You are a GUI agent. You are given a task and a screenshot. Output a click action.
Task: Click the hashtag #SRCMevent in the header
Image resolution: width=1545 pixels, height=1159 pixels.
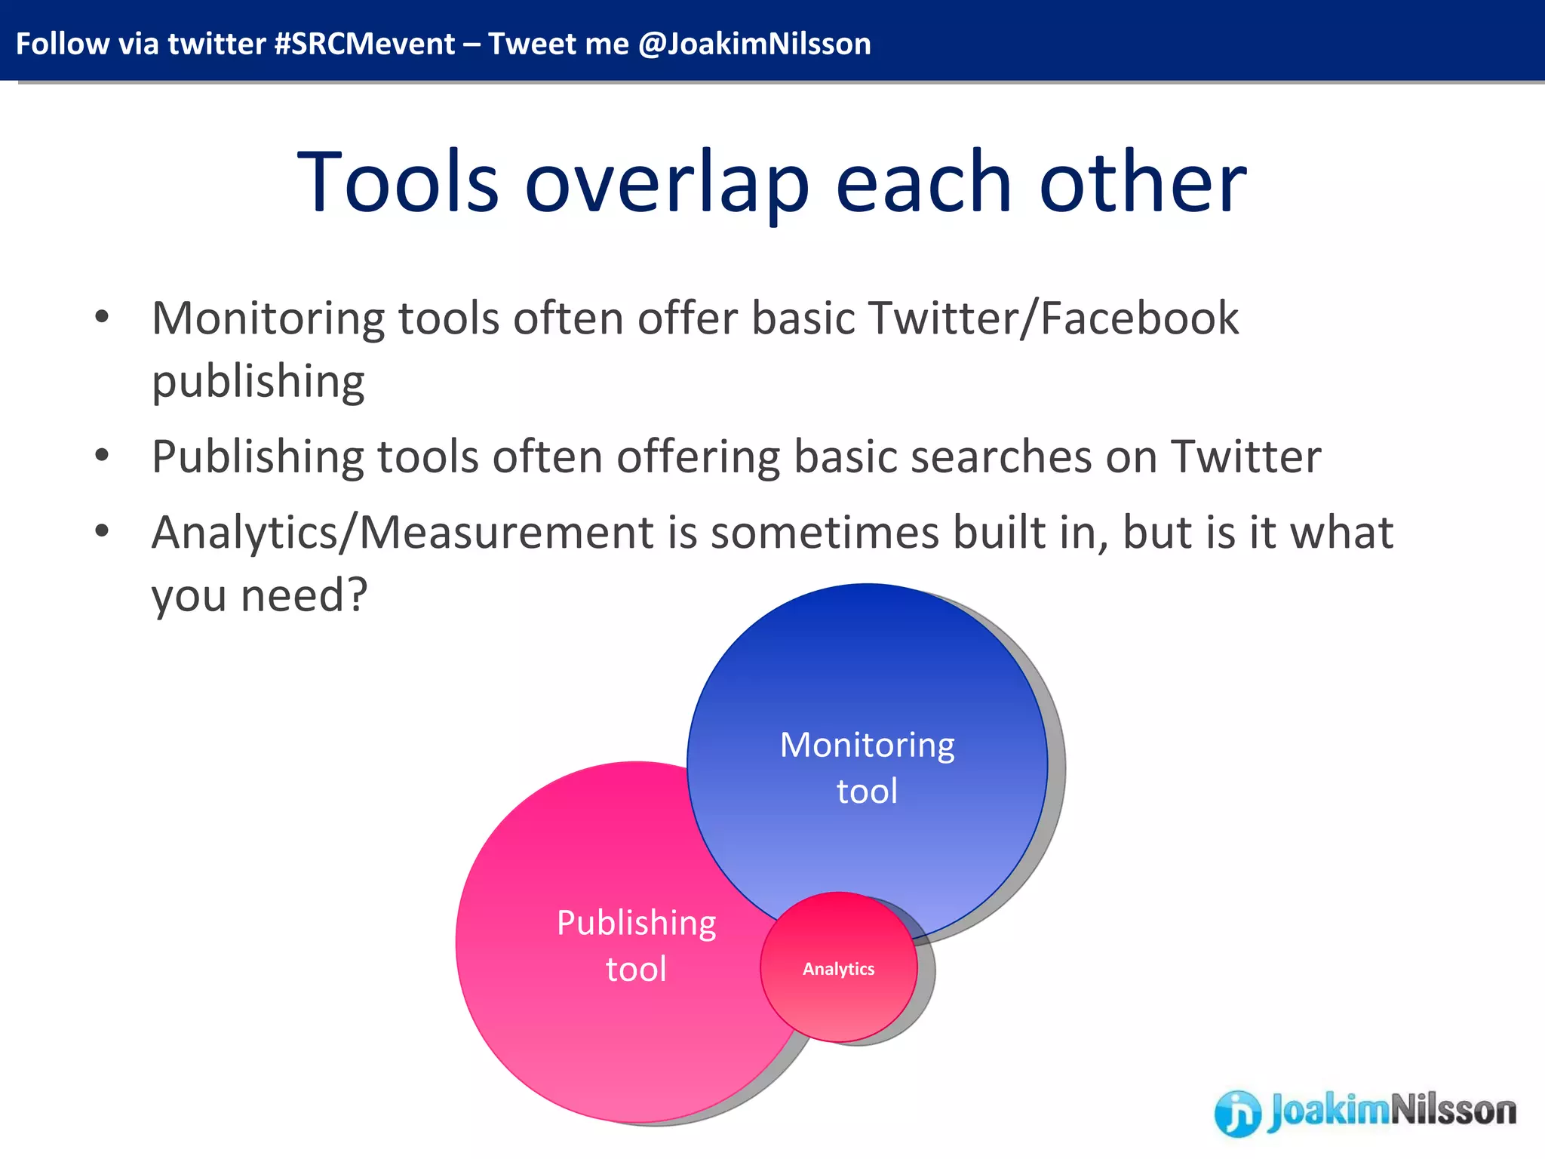tap(364, 44)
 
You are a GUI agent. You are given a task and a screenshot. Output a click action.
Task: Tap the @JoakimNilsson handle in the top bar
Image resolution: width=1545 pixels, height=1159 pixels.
tap(754, 44)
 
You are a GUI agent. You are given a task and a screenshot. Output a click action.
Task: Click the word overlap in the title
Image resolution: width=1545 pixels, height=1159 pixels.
tap(667, 183)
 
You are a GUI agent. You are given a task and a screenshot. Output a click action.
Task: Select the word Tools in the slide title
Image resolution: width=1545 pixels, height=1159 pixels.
tap(398, 182)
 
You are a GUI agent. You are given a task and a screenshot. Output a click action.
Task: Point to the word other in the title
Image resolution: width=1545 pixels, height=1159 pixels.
tap(1143, 182)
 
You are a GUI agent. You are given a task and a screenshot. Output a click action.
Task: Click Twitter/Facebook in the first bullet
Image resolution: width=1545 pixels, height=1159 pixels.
tap(1054, 318)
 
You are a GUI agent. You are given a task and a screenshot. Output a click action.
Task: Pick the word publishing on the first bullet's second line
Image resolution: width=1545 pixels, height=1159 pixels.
tap(258, 381)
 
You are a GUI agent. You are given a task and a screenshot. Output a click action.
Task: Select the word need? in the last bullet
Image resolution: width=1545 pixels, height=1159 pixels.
tap(304, 595)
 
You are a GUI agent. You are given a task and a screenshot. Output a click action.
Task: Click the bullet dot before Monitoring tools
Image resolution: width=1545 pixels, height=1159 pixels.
tap(102, 317)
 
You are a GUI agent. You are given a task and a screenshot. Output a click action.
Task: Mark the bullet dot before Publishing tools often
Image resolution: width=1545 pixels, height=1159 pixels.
tap(102, 456)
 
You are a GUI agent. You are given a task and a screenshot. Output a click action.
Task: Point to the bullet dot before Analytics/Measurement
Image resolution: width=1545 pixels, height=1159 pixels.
tap(102, 531)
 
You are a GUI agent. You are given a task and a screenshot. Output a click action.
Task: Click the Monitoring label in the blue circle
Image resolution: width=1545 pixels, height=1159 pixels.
tap(867, 746)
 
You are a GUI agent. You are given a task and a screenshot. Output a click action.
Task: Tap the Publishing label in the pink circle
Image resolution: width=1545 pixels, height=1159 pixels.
tap(636, 923)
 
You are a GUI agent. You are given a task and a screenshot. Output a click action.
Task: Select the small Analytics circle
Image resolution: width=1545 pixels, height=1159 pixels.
tap(838, 969)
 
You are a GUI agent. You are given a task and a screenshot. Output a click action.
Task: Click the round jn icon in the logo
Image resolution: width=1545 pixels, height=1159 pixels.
tap(1236, 1112)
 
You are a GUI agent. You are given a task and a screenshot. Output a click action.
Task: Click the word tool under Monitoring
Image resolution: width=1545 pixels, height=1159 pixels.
tap(867, 792)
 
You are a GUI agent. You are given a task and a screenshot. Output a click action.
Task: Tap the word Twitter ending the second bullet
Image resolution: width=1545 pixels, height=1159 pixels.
tap(1246, 457)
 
